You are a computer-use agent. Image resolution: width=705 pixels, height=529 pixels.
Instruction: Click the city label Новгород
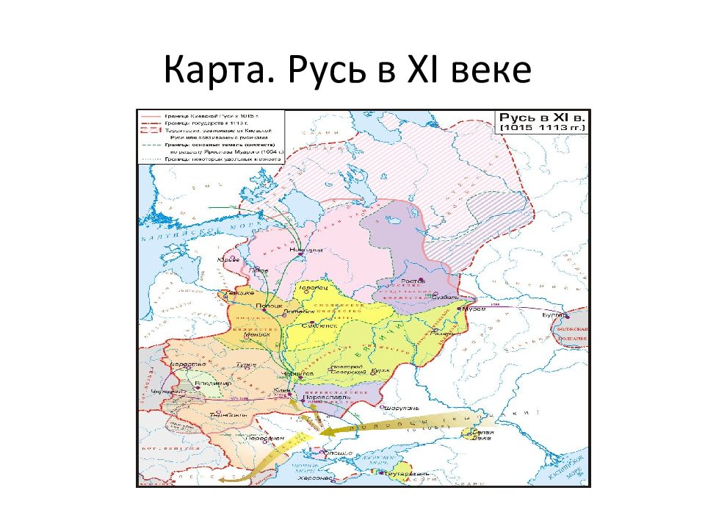[x=306, y=250]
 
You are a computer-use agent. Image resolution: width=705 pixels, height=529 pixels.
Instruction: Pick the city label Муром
[x=474, y=309]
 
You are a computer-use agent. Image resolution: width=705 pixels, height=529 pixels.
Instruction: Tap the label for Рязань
[x=441, y=334]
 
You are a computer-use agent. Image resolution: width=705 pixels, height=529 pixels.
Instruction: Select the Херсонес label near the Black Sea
[x=317, y=478]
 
